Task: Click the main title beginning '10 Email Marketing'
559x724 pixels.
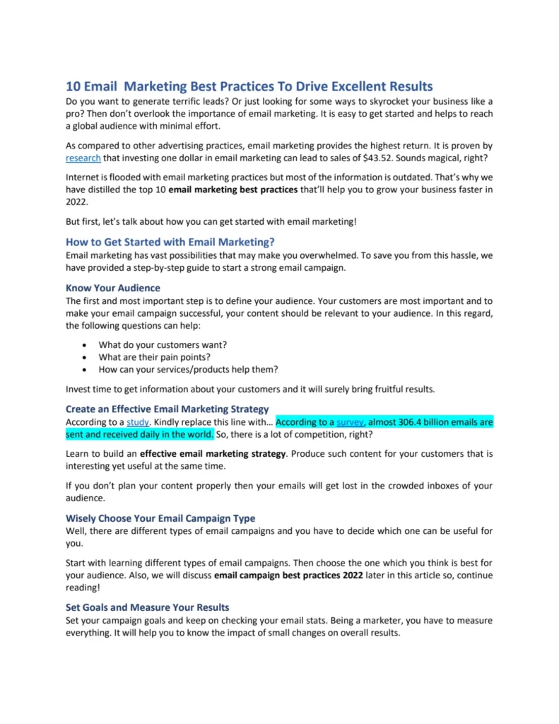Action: point(249,87)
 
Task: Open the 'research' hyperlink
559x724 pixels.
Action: point(83,158)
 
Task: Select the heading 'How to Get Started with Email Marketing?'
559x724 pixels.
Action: point(170,242)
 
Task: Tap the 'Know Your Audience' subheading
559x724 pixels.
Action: point(113,288)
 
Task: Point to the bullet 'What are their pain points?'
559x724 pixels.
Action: point(155,356)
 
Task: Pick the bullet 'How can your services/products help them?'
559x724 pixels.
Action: point(188,369)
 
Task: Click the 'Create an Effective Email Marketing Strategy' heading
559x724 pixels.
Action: point(167,409)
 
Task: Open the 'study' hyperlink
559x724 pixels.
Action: point(138,422)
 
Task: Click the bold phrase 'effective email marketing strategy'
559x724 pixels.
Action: point(213,452)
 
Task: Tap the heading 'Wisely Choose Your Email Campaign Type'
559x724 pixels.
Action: point(160,518)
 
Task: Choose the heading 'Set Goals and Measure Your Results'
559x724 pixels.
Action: point(147,607)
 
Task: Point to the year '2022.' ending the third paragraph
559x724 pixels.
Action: point(77,202)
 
